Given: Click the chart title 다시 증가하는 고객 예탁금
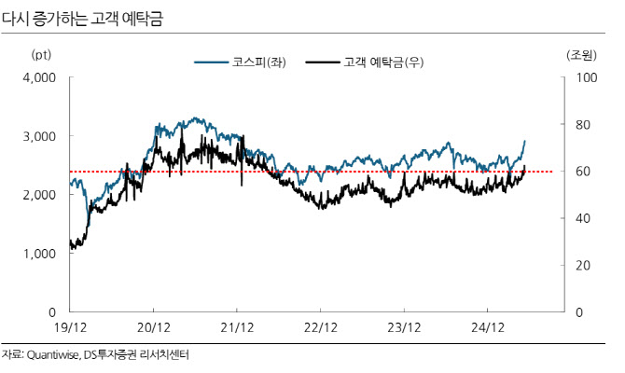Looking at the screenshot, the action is [82, 19].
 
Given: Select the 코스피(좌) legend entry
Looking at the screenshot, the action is [241, 62].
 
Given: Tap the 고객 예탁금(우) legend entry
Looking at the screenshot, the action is [365, 62].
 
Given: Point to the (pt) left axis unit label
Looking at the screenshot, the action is [41, 55].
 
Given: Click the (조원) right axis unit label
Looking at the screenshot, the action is [581, 55].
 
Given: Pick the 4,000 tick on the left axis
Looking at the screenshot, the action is [39, 77].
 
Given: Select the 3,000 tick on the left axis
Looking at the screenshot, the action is [39, 136].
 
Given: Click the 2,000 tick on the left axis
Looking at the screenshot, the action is [39, 195].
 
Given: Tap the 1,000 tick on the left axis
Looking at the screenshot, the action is [39, 254].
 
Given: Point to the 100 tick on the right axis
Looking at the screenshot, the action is [587, 77].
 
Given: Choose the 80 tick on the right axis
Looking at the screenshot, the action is [583, 125].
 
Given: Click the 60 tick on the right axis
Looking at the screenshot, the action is [583, 172].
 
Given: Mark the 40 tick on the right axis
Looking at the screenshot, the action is [583, 218].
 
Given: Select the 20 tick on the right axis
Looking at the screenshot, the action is [583, 266].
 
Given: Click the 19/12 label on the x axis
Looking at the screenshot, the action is [70, 327].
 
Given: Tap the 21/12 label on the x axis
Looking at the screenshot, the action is [237, 327].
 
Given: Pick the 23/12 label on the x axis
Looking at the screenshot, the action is [404, 327].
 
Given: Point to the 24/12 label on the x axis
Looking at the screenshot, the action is [488, 327].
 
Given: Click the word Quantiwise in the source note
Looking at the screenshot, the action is [52, 355].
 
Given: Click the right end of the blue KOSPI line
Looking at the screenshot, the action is [525, 141].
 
